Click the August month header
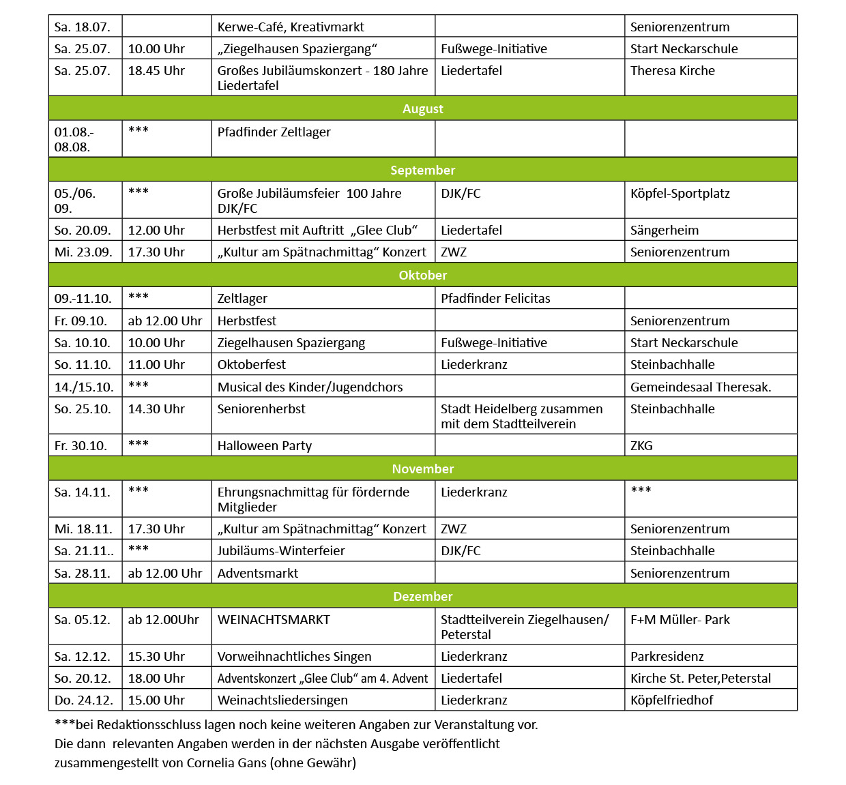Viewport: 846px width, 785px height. [422, 108]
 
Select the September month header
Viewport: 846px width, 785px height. [422, 170]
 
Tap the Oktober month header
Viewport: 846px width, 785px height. [422, 275]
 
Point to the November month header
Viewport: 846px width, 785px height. [422, 469]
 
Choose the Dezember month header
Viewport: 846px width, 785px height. [422, 596]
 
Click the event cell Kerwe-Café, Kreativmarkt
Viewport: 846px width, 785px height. [291, 27]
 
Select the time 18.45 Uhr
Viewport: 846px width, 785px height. [156, 71]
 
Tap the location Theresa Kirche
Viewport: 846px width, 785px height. [672, 71]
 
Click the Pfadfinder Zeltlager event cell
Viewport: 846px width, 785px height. [274, 132]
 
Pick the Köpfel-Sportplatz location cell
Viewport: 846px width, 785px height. [680, 194]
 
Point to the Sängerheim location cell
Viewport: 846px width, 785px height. [664, 231]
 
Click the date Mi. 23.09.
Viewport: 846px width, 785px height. [83, 252]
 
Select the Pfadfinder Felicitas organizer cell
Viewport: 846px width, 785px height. [495, 299]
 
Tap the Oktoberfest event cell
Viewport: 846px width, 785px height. [252, 365]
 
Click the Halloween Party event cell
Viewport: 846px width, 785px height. [265, 446]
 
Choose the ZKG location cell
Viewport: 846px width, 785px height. [641, 446]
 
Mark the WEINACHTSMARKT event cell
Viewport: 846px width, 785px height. [274, 620]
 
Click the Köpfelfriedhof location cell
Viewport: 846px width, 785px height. [671, 700]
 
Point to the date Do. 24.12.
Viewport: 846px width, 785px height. [82, 700]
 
